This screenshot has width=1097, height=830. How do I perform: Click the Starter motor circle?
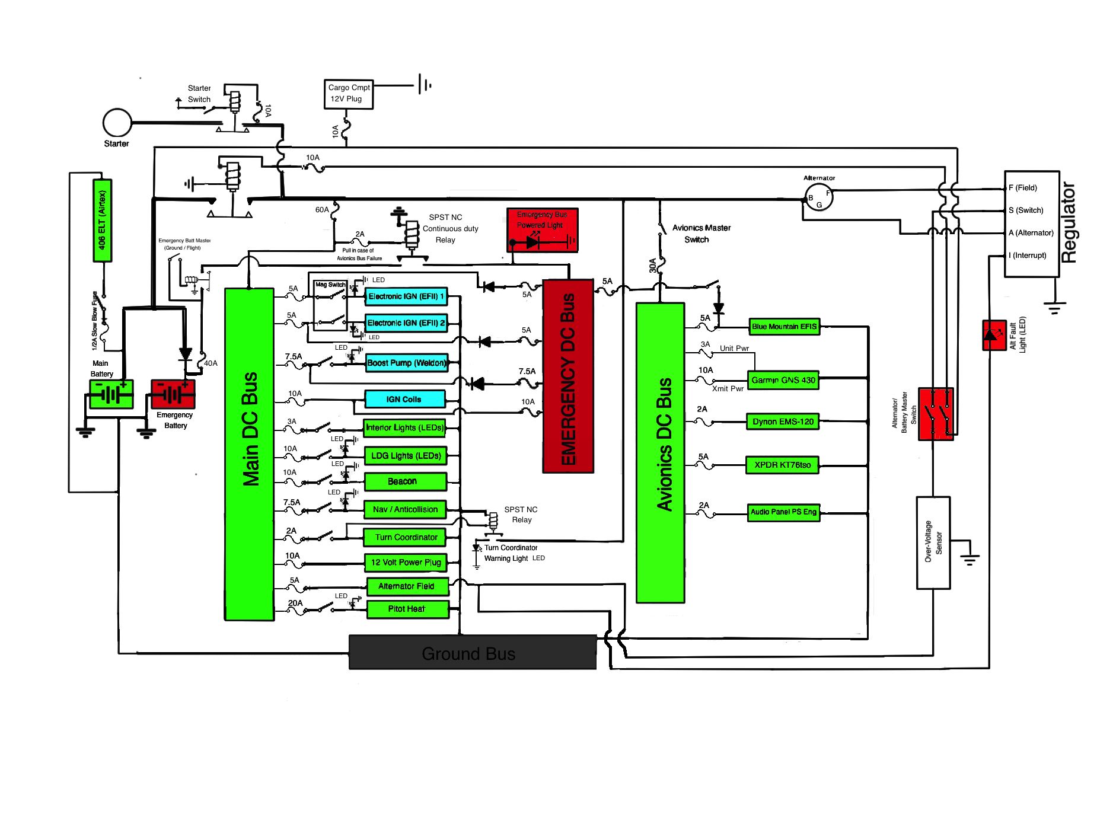(x=117, y=123)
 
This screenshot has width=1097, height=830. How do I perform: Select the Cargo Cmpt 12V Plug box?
(x=349, y=94)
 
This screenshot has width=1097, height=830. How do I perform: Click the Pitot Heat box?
(x=407, y=609)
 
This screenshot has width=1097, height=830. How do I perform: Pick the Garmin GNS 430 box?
(x=783, y=380)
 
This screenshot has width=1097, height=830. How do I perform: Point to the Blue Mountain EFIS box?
(x=784, y=327)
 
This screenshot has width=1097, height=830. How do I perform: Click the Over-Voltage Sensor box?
(x=933, y=542)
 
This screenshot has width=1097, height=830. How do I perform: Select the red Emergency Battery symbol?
(x=173, y=394)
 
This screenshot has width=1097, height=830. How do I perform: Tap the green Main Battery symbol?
(x=111, y=394)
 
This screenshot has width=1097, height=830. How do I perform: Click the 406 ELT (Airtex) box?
(x=102, y=221)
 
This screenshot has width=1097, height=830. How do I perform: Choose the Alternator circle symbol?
(x=819, y=197)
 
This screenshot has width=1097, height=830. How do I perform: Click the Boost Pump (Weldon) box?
(x=406, y=363)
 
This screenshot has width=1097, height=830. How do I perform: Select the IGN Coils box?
(x=404, y=399)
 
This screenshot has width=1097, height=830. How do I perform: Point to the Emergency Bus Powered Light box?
(x=542, y=230)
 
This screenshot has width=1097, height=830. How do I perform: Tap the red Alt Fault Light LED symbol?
(x=994, y=335)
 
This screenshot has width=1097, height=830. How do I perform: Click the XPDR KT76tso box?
(x=782, y=465)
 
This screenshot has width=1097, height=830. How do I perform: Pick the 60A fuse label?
(x=322, y=210)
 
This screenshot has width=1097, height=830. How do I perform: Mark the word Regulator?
(x=1068, y=222)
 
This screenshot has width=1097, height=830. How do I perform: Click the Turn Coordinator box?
(x=406, y=537)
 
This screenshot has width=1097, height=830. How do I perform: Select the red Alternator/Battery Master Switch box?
(x=936, y=414)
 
